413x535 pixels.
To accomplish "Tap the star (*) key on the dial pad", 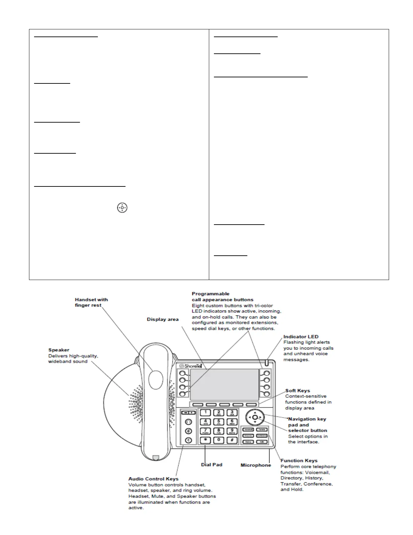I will [205, 440].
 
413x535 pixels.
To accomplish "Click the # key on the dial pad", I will [232, 440].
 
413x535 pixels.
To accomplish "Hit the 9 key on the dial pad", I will [232, 431].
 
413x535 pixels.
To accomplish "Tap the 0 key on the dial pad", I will [219, 440].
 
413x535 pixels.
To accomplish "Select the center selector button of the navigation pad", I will [255, 417].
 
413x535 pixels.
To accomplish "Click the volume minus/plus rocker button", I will [188, 413].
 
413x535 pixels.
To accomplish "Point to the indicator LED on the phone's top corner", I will [266, 363].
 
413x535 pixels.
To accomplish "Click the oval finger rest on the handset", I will [156, 380].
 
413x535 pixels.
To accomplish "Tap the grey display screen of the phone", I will [224, 385].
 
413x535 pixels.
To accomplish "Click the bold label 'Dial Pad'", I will [212, 465].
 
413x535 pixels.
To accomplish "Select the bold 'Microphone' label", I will [256, 465].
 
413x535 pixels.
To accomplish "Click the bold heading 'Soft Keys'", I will [298, 390].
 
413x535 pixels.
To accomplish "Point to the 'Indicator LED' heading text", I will [301, 336].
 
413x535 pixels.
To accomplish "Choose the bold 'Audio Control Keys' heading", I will [153, 479].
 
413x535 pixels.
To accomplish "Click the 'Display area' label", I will [163, 319].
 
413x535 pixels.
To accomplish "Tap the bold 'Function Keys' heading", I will [299, 460].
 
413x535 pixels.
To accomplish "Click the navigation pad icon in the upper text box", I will [122, 208].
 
